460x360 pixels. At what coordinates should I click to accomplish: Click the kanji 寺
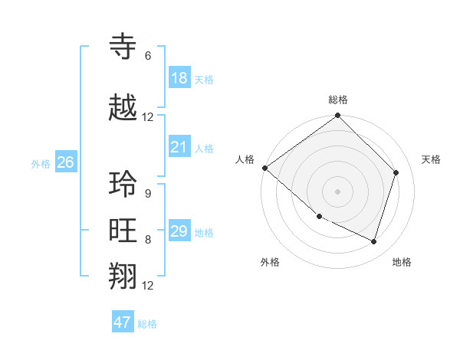point(123,47)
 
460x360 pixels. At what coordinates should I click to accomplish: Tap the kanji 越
point(123,109)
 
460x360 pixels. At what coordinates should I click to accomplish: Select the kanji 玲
point(123,185)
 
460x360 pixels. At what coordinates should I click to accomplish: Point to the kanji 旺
point(123,231)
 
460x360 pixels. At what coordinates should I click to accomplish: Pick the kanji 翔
point(123,277)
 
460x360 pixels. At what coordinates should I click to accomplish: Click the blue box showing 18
point(179,78)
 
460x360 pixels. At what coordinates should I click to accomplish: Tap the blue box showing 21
point(179,147)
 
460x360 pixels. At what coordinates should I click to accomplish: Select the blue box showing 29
point(179,231)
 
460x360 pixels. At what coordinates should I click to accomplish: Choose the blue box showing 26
point(65,162)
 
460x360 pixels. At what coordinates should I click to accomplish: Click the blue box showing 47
point(123,322)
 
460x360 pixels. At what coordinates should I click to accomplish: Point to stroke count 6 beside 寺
point(148,56)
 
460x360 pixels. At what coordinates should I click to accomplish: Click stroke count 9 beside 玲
point(148,193)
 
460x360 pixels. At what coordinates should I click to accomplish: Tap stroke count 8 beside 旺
point(148,240)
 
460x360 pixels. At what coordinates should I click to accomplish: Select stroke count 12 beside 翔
point(148,286)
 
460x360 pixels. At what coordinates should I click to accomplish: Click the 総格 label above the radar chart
point(338,100)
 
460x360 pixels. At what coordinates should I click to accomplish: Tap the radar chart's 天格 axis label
point(432,159)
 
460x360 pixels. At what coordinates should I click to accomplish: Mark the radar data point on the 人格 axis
point(264,168)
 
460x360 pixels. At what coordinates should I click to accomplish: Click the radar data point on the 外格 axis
point(319,217)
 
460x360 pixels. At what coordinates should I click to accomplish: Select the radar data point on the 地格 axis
point(374,242)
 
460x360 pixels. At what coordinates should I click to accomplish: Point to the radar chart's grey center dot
point(338,191)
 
